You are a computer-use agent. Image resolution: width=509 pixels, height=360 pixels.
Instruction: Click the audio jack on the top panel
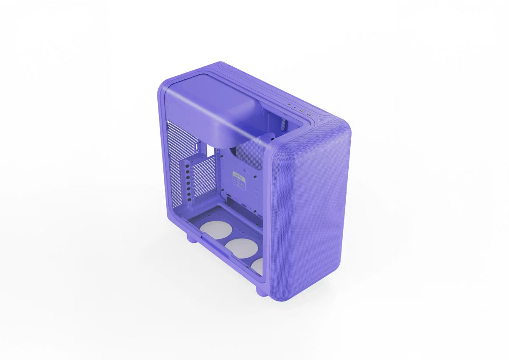pyautogui.click(x=289, y=104)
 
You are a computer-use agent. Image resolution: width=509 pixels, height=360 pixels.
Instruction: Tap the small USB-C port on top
pyautogui.click(x=295, y=107)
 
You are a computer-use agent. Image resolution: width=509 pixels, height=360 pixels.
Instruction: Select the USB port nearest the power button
pyautogui.click(x=310, y=115)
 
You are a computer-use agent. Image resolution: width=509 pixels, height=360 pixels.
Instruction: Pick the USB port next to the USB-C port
pyautogui.click(x=302, y=111)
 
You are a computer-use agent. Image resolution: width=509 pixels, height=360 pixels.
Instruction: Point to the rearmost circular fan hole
pyautogui.click(x=216, y=230)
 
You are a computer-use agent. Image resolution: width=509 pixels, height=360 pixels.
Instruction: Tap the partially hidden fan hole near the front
pyautogui.click(x=257, y=266)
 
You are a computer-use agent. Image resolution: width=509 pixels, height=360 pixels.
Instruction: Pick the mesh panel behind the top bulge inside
pyautogui.click(x=250, y=155)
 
